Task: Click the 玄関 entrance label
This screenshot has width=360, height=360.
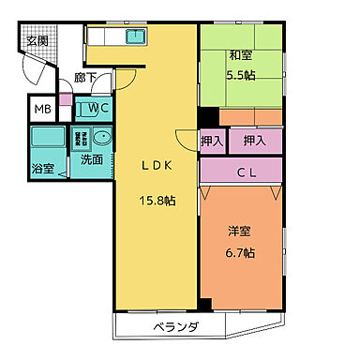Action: pos(37,40)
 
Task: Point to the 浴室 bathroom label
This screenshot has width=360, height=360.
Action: pos(42,170)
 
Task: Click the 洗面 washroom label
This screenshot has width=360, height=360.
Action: pos(91,160)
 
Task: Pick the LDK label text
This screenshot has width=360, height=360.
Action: pos(155,165)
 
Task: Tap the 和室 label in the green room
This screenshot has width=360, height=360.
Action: pos(242,54)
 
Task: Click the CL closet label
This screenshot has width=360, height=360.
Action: pos(247,172)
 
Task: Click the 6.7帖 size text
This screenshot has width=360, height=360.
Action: pos(242,253)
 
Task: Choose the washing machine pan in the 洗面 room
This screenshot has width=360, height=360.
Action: pos(82,139)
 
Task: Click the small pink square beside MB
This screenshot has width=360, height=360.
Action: pos(64,98)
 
